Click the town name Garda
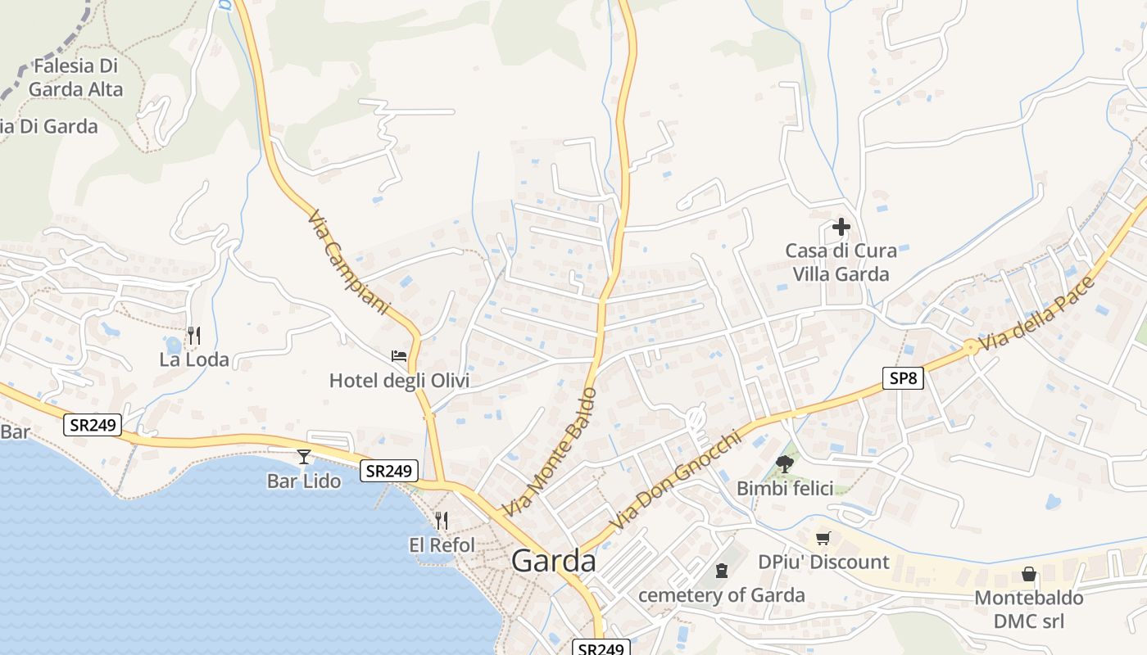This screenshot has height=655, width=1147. point(554,561)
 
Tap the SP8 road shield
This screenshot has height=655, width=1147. point(903,377)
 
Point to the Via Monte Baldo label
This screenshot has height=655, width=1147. point(548,453)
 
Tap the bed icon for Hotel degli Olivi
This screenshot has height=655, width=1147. point(399,356)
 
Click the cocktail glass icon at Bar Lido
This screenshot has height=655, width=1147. point(304,457)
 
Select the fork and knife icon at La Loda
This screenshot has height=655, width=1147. point(194,335)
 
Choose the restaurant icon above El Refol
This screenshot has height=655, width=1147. point(442,521)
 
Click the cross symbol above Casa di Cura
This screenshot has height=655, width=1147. point(841,227)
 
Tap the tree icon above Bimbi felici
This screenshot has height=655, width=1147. point(785,464)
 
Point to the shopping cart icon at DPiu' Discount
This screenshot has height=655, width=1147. point(823,538)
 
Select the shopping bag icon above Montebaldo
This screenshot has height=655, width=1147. point(1029,574)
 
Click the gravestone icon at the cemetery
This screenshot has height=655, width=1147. point(722,570)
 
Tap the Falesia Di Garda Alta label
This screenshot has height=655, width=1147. point(75,78)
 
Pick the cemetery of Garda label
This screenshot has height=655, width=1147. point(722,595)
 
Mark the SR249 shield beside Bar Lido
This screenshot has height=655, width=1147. point(390,471)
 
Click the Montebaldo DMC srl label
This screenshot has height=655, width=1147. point(1029,609)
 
